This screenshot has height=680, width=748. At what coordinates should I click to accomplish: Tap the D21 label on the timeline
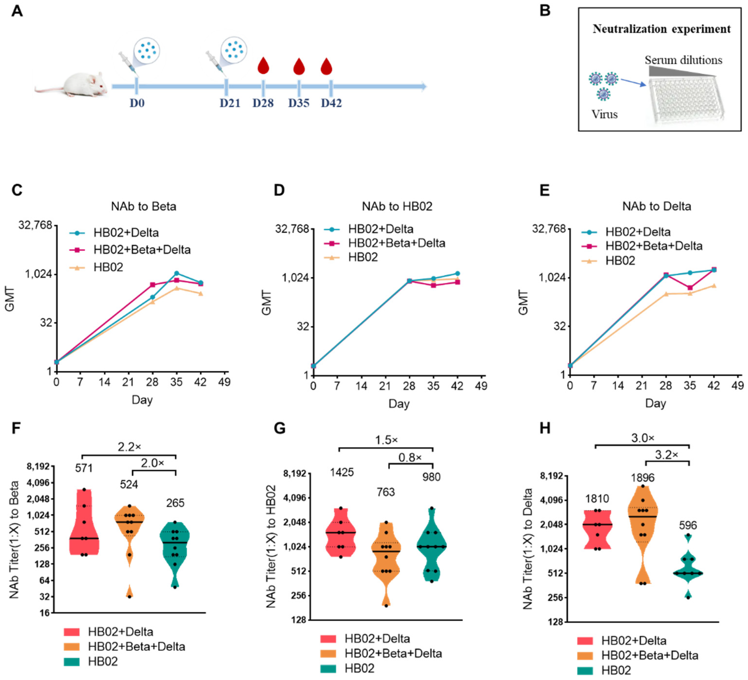[230, 103]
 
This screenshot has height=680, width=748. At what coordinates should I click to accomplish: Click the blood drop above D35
[299, 66]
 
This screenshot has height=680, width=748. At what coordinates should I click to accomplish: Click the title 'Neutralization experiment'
[661, 29]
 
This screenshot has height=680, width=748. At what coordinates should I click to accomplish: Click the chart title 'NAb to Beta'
[144, 206]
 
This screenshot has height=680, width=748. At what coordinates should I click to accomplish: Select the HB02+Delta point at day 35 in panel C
[177, 273]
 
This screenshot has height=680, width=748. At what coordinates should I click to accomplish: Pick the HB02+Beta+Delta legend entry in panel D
[396, 243]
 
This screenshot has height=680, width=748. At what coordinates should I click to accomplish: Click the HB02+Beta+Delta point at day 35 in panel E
[690, 288]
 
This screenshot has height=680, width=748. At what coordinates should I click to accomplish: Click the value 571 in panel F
[84, 468]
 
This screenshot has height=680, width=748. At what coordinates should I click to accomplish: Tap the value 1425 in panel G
[342, 472]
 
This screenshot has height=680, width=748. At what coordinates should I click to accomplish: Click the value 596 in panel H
[688, 525]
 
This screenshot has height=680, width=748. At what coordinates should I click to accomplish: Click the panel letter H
[545, 428]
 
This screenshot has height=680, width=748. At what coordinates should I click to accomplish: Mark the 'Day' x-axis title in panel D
[399, 404]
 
